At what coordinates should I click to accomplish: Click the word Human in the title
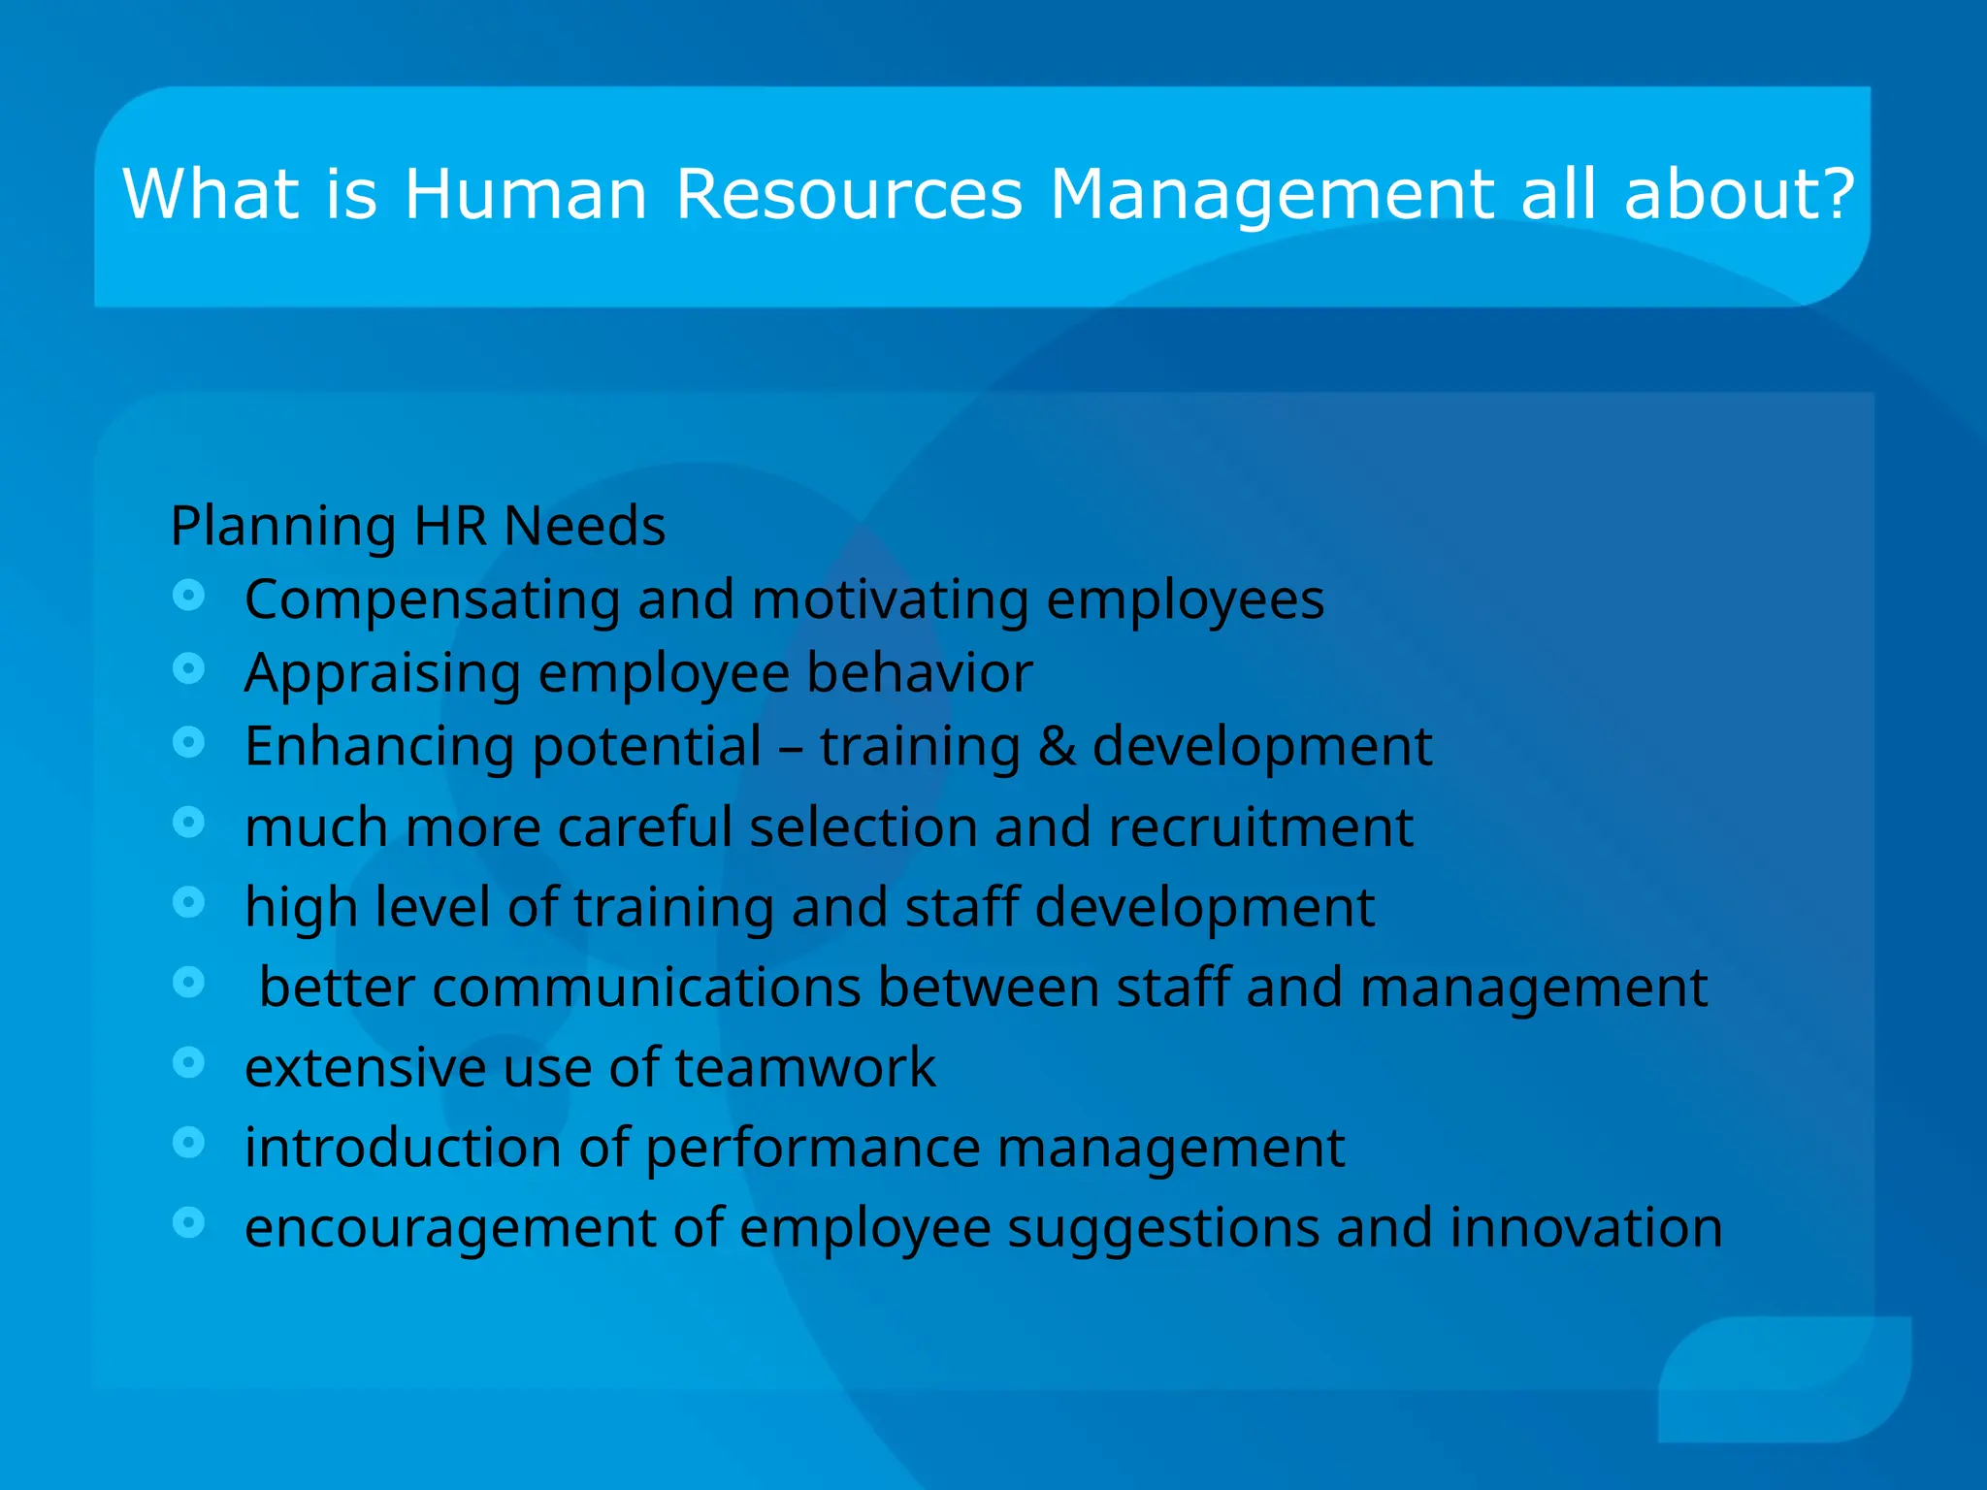pos(525,194)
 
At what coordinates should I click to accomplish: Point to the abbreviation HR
pos(450,527)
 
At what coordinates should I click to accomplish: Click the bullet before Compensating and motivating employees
pos(189,595)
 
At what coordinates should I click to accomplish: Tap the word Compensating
pos(432,600)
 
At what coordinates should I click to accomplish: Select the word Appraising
pos(382,674)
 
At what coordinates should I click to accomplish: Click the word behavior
pos(919,672)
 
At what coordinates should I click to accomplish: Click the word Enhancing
pos(379,748)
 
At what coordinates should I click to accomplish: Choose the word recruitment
pos(1259,827)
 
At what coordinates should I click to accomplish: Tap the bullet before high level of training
pos(189,902)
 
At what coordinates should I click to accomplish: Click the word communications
pos(646,988)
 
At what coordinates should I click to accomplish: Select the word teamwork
pos(804,1068)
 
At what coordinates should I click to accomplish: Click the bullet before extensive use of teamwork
pos(189,1062)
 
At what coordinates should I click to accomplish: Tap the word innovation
pos(1585,1228)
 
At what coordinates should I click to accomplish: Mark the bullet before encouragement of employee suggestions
pos(189,1222)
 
